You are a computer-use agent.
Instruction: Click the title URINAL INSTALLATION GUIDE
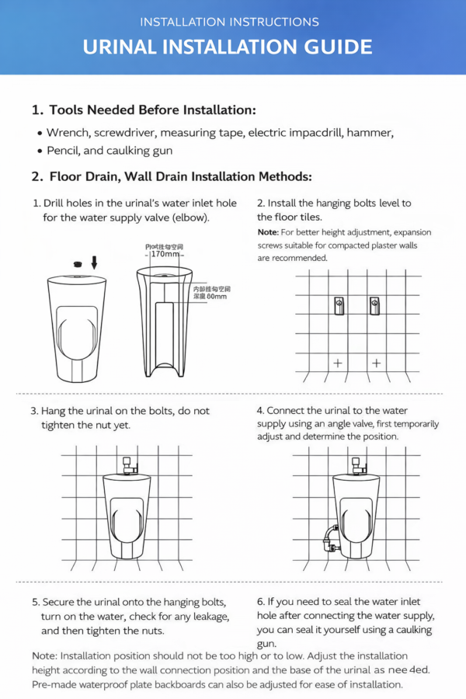pyautogui.click(x=228, y=47)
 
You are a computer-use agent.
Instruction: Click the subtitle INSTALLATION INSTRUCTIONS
pyautogui.click(x=229, y=22)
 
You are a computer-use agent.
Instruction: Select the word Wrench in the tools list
pyautogui.click(x=68, y=134)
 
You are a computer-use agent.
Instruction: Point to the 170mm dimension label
pyautogui.click(x=165, y=254)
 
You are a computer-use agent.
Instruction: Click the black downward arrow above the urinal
pyautogui.click(x=94, y=262)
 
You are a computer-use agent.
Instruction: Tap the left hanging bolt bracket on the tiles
pyautogui.click(x=339, y=305)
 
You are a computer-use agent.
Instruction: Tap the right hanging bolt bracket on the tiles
pyautogui.click(x=374, y=305)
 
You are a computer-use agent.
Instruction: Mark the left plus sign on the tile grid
pyautogui.click(x=338, y=363)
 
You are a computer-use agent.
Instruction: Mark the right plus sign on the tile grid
pyautogui.click(x=377, y=363)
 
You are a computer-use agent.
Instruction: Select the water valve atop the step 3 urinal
pyautogui.click(x=129, y=465)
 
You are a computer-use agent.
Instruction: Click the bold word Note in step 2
pyautogui.click(x=268, y=232)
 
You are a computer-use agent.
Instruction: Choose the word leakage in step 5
pyautogui.click(x=207, y=617)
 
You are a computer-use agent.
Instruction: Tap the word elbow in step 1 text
pyautogui.click(x=193, y=217)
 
